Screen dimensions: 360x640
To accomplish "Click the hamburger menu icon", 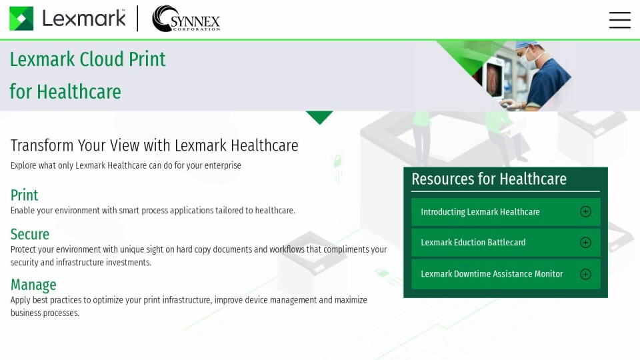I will pyautogui.click(x=619, y=20).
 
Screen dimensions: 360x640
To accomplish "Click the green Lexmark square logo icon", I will pyautogui.click(x=21, y=19).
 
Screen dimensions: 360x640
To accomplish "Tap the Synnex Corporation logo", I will pyautogui.click(x=186, y=19).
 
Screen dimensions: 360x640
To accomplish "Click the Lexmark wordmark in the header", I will pyautogui.click(x=84, y=19).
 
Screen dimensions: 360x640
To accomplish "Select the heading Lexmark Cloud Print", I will pyautogui.click(x=87, y=59).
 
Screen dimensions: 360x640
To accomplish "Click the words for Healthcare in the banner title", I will pyautogui.click(x=65, y=91).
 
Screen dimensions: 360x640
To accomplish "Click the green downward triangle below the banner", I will pyautogui.click(x=319, y=117).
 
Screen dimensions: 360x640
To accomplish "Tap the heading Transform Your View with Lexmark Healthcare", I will pyautogui.click(x=154, y=145).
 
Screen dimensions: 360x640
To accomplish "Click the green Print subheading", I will pyautogui.click(x=24, y=195).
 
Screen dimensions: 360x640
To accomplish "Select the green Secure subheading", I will pyautogui.click(x=30, y=234).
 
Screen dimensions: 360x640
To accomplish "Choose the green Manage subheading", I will pyautogui.click(x=33, y=285).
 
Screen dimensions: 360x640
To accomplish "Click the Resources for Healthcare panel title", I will pyautogui.click(x=489, y=179).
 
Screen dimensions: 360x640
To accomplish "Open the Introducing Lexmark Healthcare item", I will pyautogui.click(x=480, y=212).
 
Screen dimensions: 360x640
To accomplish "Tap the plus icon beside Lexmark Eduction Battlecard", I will pyautogui.click(x=585, y=243).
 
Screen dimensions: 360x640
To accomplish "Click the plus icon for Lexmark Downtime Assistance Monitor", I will pyautogui.click(x=585, y=274).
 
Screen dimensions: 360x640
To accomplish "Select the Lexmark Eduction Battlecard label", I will pyautogui.click(x=473, y=243).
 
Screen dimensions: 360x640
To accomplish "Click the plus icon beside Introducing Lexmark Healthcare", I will pyautogui.click(x=585, y=212).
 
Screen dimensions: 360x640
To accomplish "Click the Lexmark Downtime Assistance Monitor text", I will pyautogui.click(x=491, y=274).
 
